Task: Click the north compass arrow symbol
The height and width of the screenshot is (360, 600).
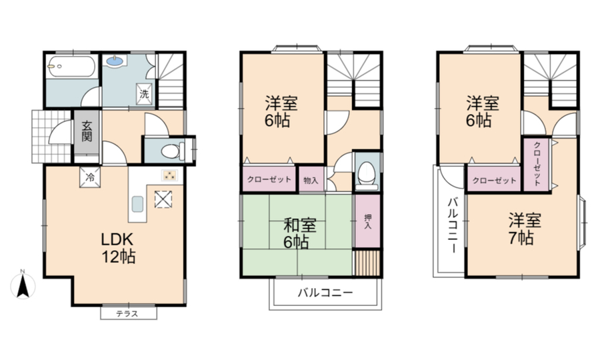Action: (x=23, y=285)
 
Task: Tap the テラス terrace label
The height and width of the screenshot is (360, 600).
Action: (x=127, y=314)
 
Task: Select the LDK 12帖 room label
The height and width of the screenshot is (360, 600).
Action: (x=118, y=248)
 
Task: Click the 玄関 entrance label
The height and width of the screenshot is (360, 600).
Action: (x=87, y=131)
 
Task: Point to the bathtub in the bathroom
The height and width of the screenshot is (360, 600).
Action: (x=71, y=67)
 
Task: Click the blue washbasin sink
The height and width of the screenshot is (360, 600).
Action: (x=116, y=61)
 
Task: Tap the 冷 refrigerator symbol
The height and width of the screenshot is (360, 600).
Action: (x=90, y=177)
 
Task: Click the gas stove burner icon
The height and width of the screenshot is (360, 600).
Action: (x=169, y=175)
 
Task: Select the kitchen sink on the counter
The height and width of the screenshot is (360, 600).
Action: (x=138, y=204)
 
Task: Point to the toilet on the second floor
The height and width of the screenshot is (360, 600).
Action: (x=367, y=175)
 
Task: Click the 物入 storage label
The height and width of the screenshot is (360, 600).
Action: (x=311, y=180)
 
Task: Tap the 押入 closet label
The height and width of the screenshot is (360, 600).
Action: (x=368, y=221)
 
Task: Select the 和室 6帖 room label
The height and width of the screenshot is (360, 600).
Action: (x=299, y=233)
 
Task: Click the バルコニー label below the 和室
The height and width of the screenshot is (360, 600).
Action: (x=325, y=293)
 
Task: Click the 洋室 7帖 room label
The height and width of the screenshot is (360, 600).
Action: (x=525, y=229)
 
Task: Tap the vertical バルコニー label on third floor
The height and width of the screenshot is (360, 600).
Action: (x=453, y=225)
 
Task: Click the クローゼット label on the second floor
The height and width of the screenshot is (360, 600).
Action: (x=269, y=179)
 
